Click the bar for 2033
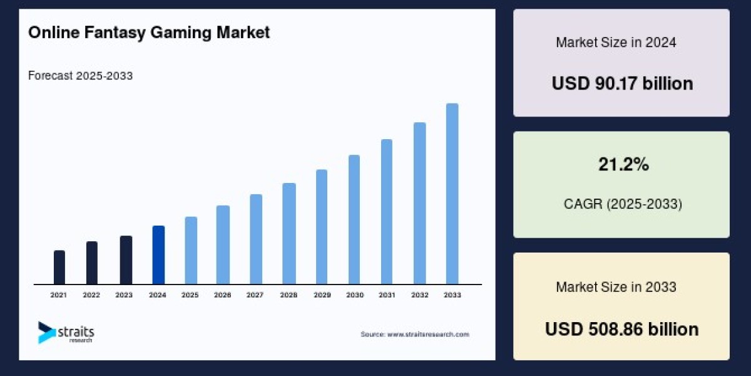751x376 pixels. [x=452, y=194]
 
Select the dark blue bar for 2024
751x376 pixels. [x=158, y=254]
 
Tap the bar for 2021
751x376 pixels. [x=59, y=267]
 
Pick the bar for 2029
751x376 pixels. [x=322, y=226]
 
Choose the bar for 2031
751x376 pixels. [x=387, y=211]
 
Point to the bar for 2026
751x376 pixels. [x=223, y=244]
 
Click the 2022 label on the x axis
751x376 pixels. [x=91, y=295]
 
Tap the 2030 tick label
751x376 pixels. [x=354, y=295]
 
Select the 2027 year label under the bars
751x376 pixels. [x=255, y=295]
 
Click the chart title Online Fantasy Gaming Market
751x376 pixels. [x=149, y=33]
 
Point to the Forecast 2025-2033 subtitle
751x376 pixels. [x=80, y=76]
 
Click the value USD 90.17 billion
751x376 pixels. [x=622, y=83]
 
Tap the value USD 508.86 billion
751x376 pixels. [x=622, y=329]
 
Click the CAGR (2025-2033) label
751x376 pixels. [x=622, y=204]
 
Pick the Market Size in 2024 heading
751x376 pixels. [x=616, y=43]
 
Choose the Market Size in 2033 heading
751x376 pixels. [x=616, y=287]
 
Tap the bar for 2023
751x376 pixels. [x=126, y=259]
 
